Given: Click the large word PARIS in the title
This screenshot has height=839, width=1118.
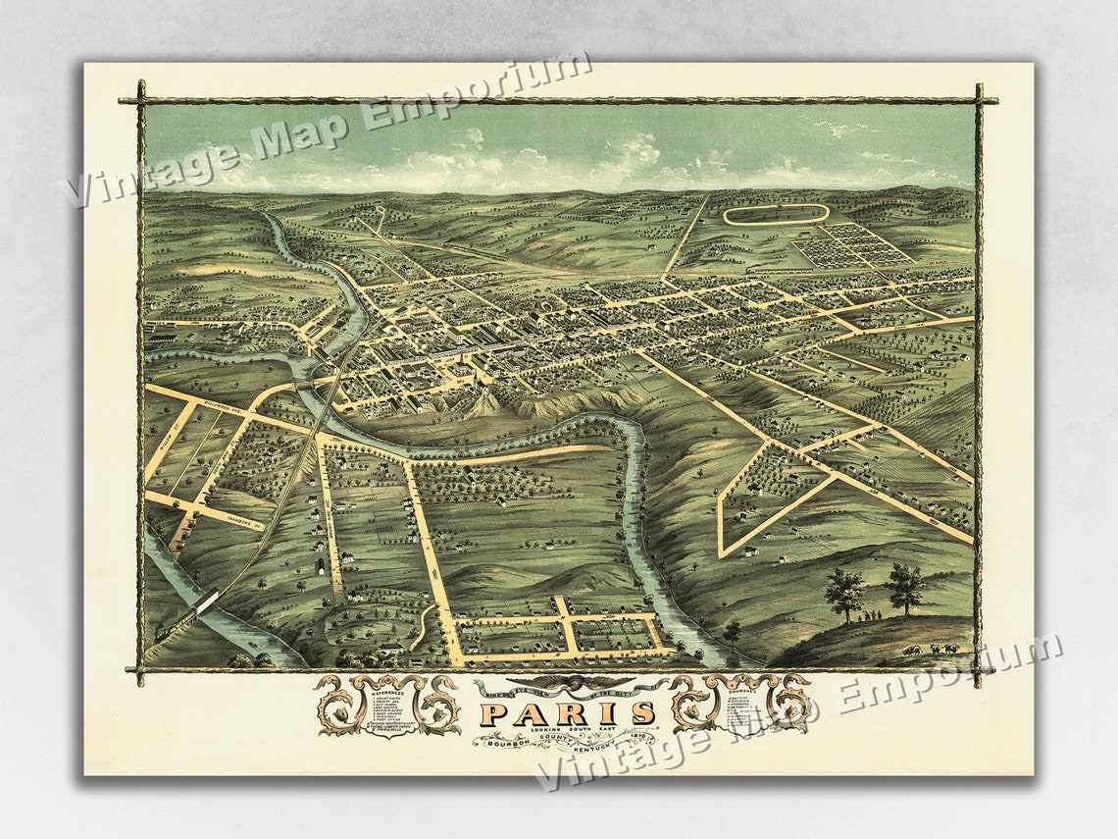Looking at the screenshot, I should tap(569, 713).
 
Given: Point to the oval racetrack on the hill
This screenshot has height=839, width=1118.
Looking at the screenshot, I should tap(775, 214).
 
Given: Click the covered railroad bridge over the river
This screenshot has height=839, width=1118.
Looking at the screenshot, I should tap(207, 604).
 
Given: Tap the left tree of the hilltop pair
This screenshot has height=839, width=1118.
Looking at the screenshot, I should tap(843, 591).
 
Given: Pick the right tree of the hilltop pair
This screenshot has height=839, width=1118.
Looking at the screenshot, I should tap(903, 587).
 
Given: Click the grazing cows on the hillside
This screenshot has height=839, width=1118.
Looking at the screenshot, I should tap(932, 649).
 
